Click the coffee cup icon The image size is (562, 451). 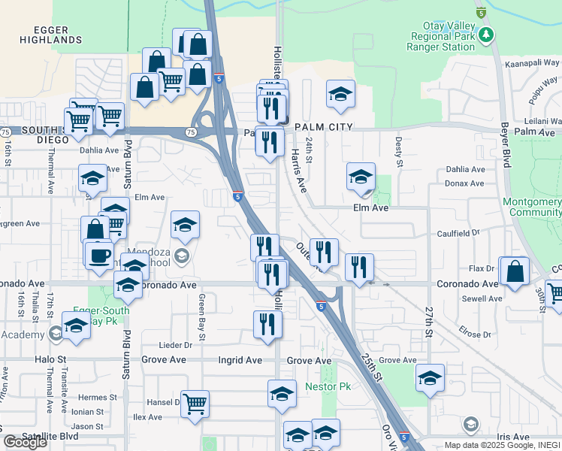99,256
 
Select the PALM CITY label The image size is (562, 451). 324,128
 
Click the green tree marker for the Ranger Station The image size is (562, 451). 486,35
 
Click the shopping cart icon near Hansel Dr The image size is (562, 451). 195,404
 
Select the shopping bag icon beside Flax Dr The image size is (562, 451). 515,272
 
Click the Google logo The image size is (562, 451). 26,442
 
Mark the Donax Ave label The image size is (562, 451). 465,183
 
